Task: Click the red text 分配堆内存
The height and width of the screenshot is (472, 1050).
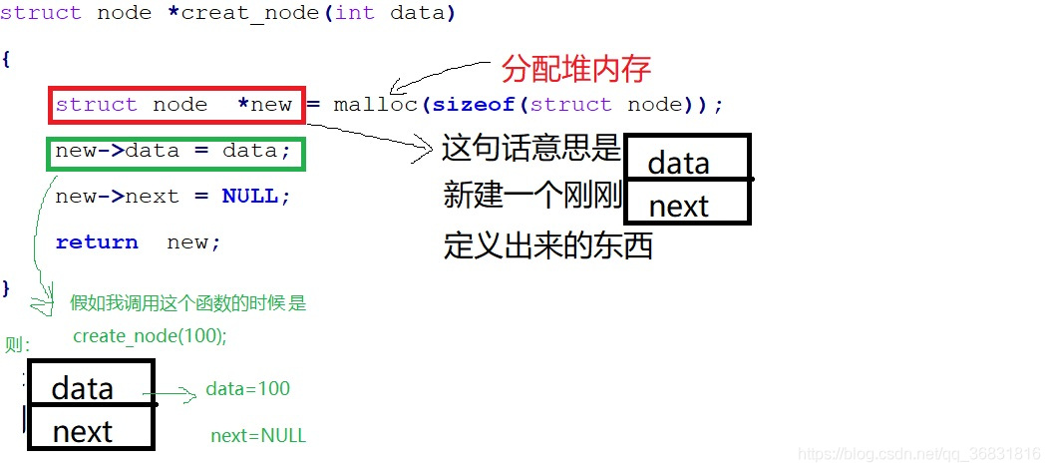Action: [576, 69]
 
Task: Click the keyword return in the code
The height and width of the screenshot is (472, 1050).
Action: [97, 242]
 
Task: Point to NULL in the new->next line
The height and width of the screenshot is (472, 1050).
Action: [249, 197]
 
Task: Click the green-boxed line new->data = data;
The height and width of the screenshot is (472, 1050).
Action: [174, 152]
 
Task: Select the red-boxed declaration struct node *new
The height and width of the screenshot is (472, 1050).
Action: [175, 105]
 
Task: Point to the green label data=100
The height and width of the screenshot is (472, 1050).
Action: [248, 389]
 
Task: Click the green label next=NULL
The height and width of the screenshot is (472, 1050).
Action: [258, 436]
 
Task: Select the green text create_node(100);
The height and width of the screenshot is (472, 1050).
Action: [151, 336]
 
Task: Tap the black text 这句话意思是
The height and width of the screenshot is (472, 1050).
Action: [531, 150]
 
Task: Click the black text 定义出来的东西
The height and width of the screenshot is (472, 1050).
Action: [547, 245]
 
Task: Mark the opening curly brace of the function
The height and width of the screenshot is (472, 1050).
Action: [6, 58]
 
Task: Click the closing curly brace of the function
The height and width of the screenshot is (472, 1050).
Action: [6, 287]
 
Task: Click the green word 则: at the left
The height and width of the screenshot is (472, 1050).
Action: [18, 345]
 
